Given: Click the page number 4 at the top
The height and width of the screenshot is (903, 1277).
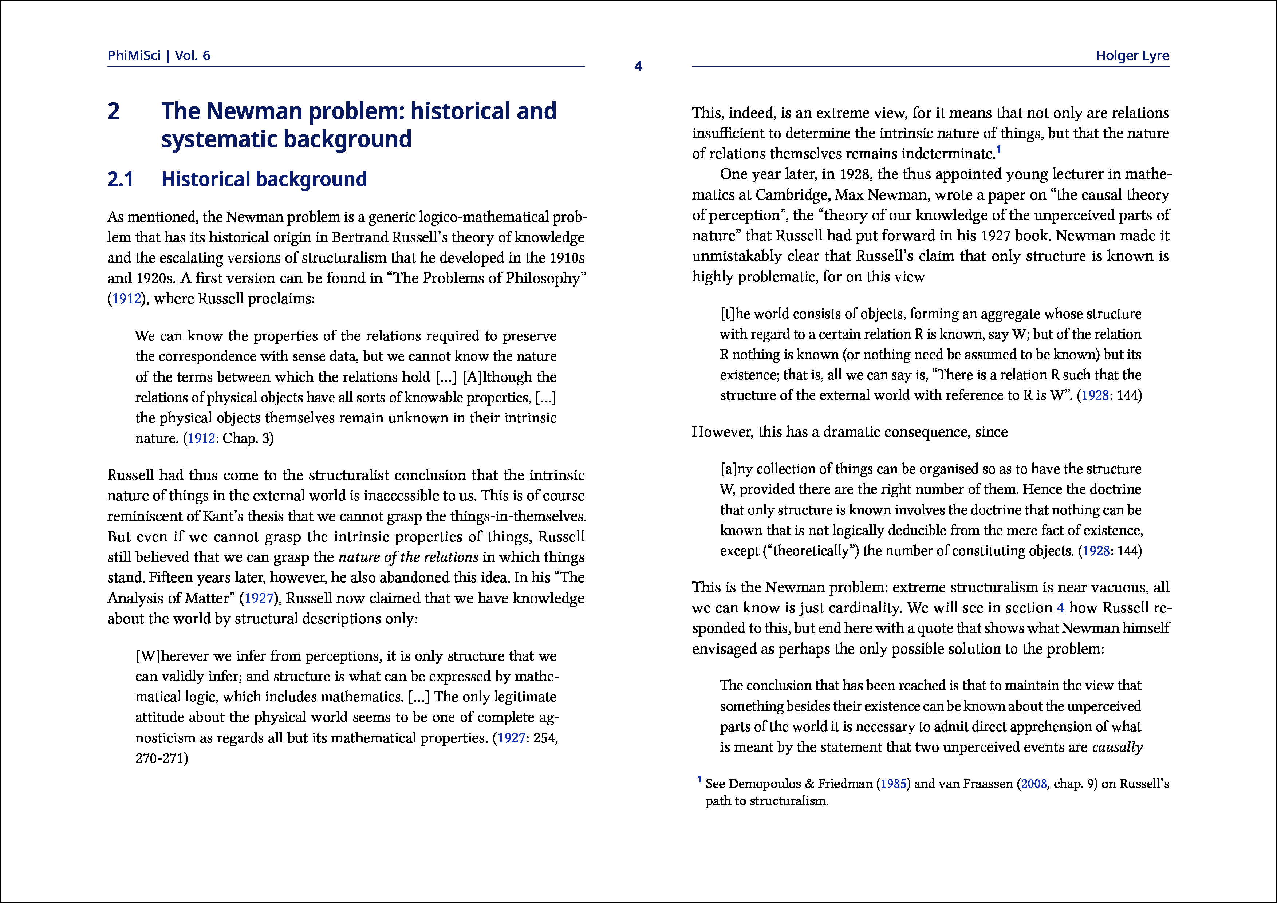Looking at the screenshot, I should (638, 66).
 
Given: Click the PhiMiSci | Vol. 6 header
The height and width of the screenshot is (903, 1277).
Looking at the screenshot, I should (158, 56).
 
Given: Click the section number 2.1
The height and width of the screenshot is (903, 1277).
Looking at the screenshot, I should (120, 180).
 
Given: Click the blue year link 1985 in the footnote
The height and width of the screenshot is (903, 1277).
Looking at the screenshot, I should (893, 784).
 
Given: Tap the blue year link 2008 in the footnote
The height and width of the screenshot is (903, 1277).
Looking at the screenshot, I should (1033, 784).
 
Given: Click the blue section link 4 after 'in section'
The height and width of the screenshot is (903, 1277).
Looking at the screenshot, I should (1061, 608).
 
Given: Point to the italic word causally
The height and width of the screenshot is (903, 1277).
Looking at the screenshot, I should (1117, 747).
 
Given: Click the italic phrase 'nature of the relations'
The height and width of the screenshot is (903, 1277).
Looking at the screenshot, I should (408, 557).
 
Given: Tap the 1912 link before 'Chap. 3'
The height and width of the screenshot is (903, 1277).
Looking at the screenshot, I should (201, 439).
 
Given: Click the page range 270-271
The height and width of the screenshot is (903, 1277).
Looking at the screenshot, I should (162, 758).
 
